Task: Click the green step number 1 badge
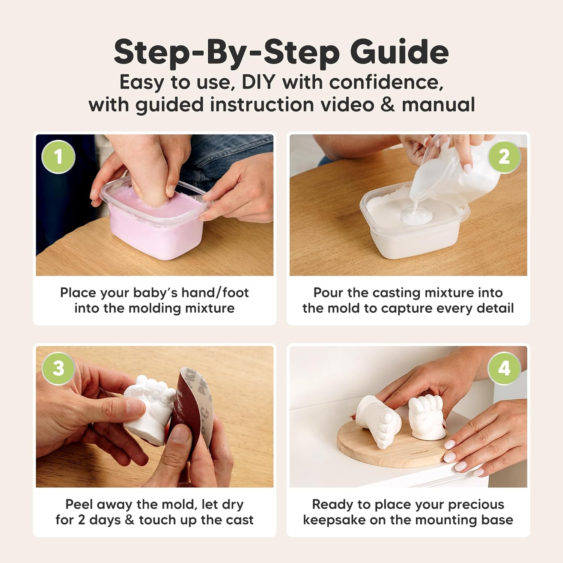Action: (x=58, y=157)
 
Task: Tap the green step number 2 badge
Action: (x=504, y=157)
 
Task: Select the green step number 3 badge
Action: (x=58, y=368)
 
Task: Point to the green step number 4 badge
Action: (x=504, y=368)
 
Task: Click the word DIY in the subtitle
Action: (x=258, y=82)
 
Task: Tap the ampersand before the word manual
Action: (x=387, y=105)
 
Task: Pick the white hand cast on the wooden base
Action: (x=426, y=417)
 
